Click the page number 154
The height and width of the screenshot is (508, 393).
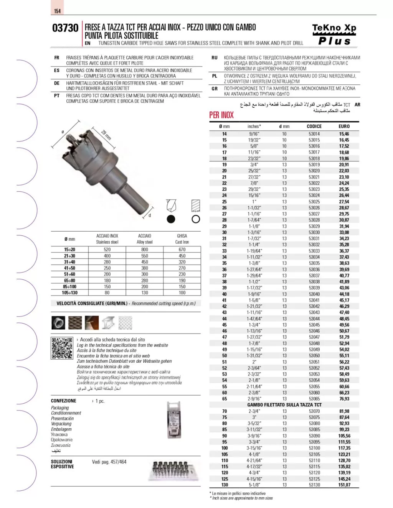[x=57, y=11]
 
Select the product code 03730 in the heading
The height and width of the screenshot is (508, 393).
[x=65, y=28]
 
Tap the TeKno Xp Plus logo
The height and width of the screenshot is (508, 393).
[x=334, y=35]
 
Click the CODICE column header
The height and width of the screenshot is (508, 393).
[x=314, y=126]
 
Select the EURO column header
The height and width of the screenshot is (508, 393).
[x=344, y=126]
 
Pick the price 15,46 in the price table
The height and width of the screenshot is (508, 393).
[x=344, y=134]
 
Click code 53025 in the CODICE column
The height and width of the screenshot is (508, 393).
[x=314, y=202]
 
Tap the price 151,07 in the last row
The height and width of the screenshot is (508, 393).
[x=344, y=485]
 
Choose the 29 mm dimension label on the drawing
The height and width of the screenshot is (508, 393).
[x=106, y=135]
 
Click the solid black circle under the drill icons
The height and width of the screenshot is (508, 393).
[x=171, y=219]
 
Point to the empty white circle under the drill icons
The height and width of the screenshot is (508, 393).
[x=196, y=219]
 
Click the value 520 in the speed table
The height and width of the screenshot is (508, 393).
[x=107, y=250]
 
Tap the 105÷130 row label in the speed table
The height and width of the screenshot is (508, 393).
[x=69, y=293]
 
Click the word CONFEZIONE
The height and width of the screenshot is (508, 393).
[x=64, y=401]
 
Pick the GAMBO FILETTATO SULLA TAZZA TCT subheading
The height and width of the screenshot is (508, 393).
[x=284, y=405]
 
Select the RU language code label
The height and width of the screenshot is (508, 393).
[x=215, y=58]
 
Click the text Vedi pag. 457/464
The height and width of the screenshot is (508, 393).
[x=109, y=462]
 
